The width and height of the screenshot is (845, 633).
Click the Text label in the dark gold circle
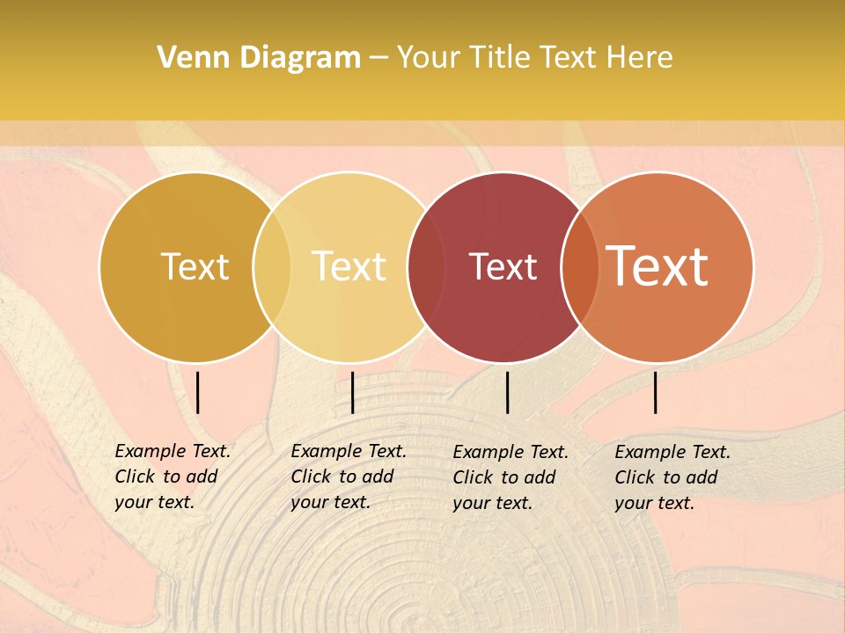coord(195,266)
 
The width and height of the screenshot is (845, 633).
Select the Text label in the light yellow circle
coord(349,266)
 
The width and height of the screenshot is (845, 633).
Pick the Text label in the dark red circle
coord(503,266)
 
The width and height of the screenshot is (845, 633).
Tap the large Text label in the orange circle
coord(658,266)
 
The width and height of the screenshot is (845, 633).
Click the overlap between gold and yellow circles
coord(272,266)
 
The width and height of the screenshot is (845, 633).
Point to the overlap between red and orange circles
coord(579,266)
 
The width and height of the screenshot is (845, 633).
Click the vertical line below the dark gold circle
coord(198,392)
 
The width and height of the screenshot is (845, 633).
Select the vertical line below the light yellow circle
coord(352,392)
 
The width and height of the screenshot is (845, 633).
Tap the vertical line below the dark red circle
coord(508,392)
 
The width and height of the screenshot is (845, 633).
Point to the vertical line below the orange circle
coord(656,392)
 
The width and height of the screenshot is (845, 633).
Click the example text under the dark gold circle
coord(172,477)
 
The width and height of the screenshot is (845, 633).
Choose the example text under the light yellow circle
coord(348,477)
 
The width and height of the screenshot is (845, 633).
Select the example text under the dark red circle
coord(510,477)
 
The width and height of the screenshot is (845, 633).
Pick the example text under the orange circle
coord(672,477)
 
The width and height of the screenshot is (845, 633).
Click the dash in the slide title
coord(378,59)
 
